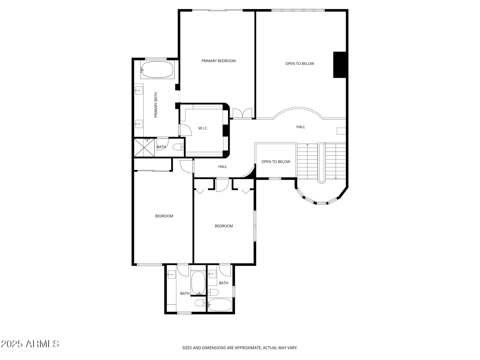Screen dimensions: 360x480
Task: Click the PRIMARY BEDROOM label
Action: pyautogui.click(x=218, y=61)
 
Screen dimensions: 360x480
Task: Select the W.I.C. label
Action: pyautogui.click(x=203, y=128)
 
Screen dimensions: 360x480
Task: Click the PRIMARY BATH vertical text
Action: pyautogui.click(x=156, y=105)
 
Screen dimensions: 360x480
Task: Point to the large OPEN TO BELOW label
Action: pyautogui.click(x=299, y=64)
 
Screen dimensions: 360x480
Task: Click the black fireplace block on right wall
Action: pyautogui.click(x=340, y=65)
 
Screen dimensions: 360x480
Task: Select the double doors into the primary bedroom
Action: pyautogui.click(x=242, y=113)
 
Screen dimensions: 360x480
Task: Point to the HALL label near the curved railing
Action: pyautogui.click(x=301, y=127)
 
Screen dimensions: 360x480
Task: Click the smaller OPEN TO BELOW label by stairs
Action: pyautogui.click(x=276, y=162)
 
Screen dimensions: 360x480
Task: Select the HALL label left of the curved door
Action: pyautogui.click(x=222, y=166)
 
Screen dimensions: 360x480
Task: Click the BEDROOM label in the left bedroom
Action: pyautogui.click(x=164, y=216)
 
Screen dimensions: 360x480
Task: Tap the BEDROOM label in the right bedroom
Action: pyautogui.click(x=224, y=226)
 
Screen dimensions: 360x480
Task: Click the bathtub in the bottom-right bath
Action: pyautogui.click(x=220, y=305)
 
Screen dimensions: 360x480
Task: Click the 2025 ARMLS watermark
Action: pyautogui.click(x=30, y=344)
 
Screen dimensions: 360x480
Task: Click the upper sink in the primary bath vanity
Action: pyautogui.click(x=139, y=91)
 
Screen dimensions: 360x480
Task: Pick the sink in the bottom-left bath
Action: pyautogui.click(x=171, y=274)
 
